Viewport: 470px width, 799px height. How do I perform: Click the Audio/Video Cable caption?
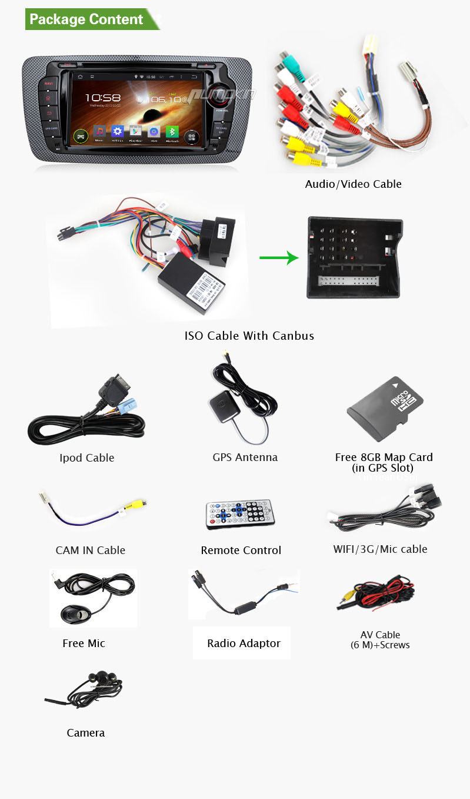tap(353, 184)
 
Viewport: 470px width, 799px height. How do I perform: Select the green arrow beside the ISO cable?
tap(279, 257)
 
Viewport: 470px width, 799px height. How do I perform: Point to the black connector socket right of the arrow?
tap(355, 258)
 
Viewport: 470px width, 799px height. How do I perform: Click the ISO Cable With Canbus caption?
tap(249, 336)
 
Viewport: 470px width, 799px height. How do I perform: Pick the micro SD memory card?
tap(386, 410)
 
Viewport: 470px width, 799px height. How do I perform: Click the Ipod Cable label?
tap(87, 457)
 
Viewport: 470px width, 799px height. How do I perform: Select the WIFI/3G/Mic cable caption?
tap(380, 549)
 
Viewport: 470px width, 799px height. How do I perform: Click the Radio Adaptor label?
tap(244, 643)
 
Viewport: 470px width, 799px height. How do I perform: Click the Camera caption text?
tap(86, 732)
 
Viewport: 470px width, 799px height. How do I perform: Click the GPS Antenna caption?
tap(245, 457)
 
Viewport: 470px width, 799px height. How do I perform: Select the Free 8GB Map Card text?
tap(384, 457)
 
